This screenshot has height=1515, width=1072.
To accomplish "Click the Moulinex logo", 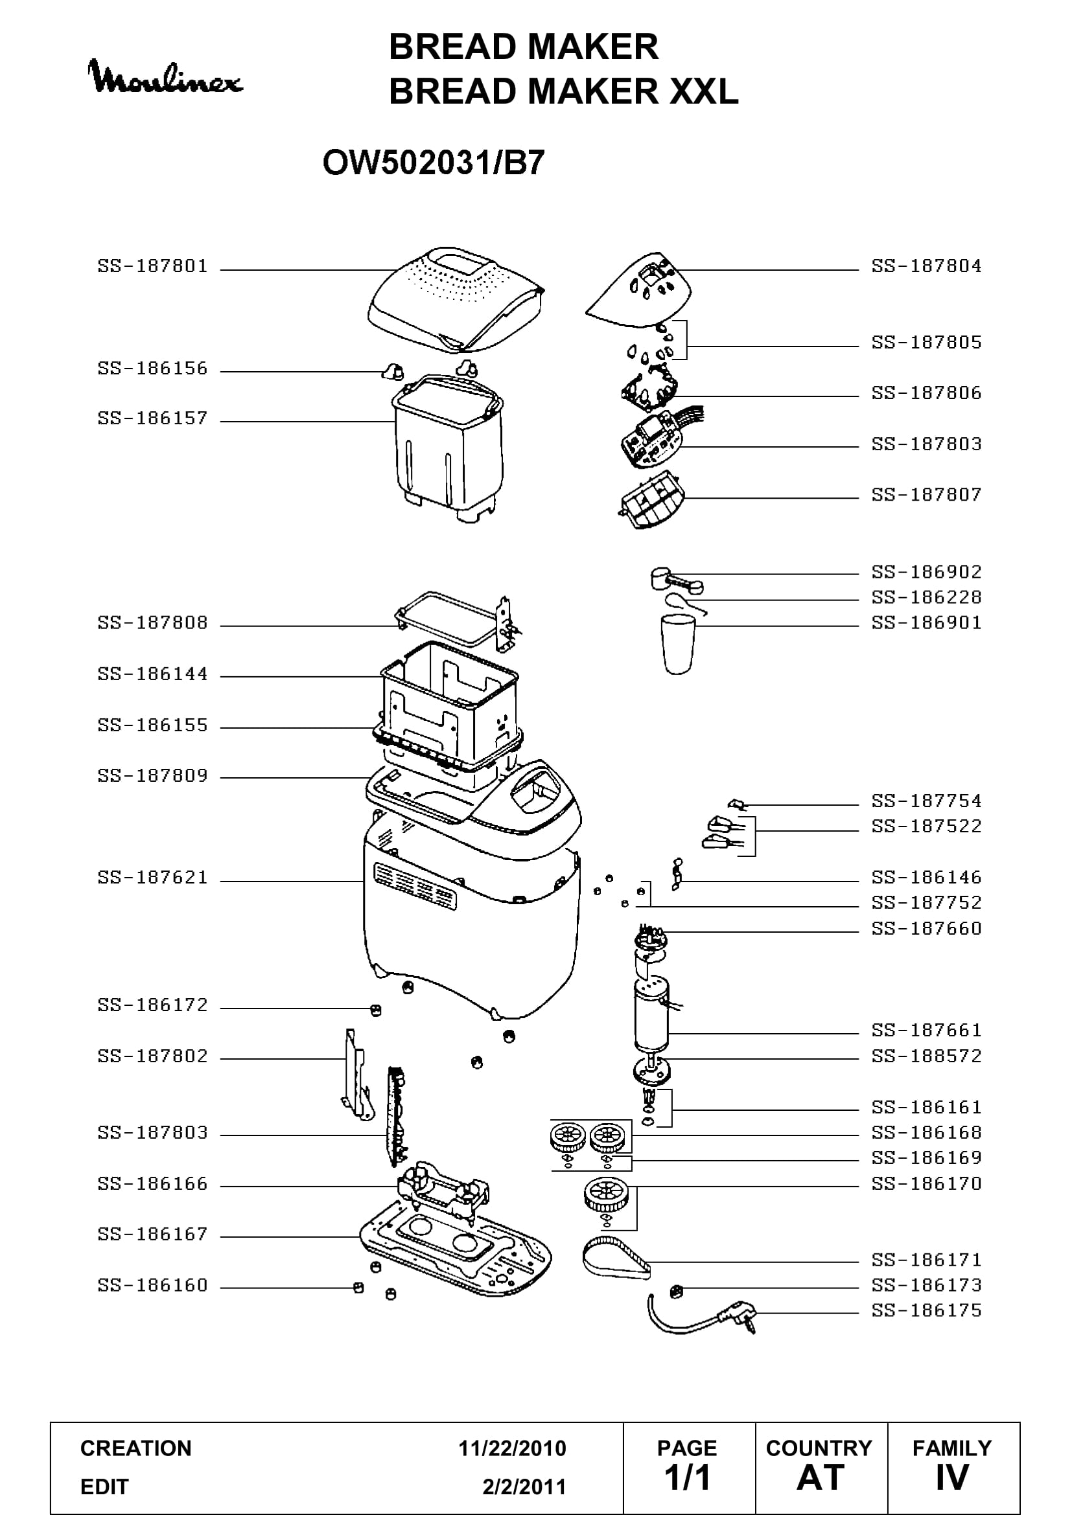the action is click(x=166, y=78).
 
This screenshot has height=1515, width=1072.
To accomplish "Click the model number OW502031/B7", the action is click(x=434, y=163).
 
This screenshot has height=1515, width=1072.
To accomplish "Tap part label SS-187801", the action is click(x=152, y=266).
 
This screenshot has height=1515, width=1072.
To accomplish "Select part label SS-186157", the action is click(x=152, y=418).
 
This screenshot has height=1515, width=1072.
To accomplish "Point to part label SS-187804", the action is click(x=926, y=266).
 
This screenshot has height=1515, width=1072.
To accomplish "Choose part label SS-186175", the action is click(x=926, y=1310).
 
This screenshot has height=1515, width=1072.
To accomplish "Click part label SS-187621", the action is click(x=152, y=877).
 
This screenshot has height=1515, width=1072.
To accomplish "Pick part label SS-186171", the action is click(x=926, y=1260).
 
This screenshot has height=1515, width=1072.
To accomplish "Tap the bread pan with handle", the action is click(x=449, y=449).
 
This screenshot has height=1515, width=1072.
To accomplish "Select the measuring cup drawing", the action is click(x=678, y=643).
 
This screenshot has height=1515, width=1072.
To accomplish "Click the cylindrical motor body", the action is click(x=651, y=1014).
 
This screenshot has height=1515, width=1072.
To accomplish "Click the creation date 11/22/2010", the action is click(x=512, y=1448).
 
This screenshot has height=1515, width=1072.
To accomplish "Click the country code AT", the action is click(x=821, y=1478).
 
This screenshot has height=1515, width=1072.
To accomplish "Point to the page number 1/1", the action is click(x=688, y=1478).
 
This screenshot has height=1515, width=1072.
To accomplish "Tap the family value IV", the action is click(x=952, y=1478).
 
